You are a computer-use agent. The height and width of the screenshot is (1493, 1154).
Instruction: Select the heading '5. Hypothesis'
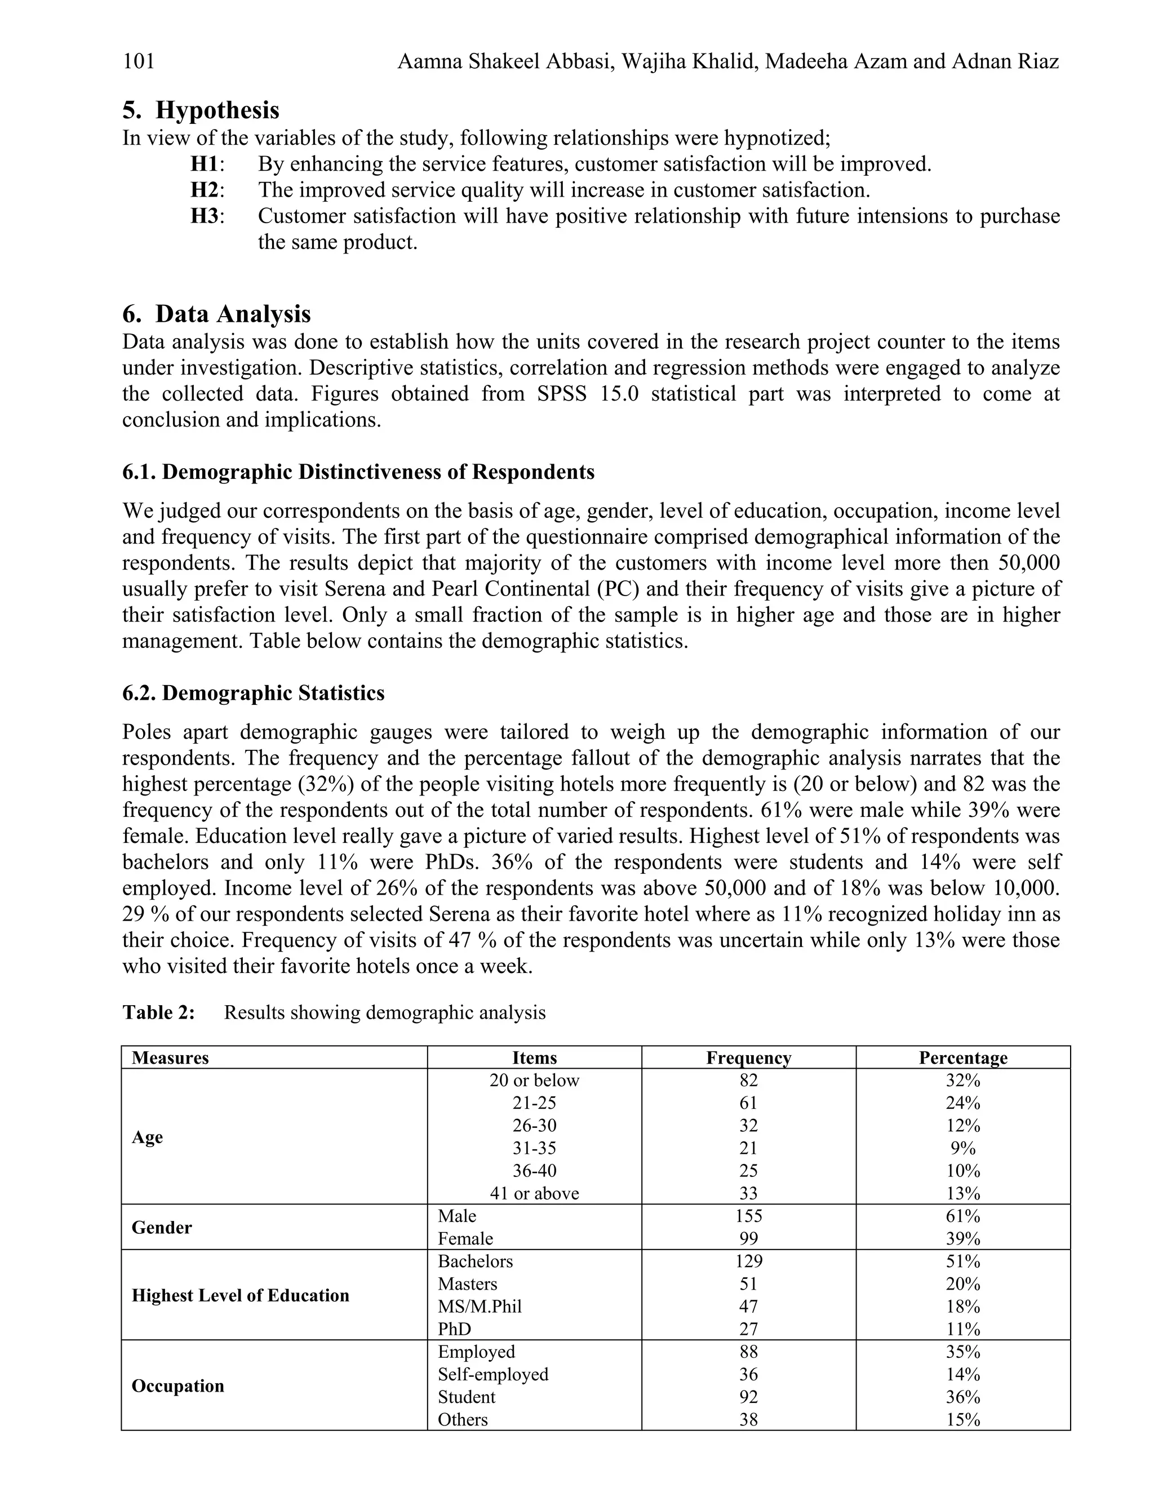point(201,109)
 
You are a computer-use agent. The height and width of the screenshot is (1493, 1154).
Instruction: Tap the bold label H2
point(205,190)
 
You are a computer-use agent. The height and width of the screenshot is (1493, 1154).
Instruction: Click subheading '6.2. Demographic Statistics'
point(253,693)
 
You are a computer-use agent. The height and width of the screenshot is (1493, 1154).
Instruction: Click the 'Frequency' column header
point(749,1057)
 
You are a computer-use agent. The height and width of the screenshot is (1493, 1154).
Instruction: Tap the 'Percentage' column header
point(962,1057)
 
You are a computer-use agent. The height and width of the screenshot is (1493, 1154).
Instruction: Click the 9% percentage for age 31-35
point(962,1148)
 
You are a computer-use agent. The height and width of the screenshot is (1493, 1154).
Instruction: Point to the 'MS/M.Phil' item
point(480,1307)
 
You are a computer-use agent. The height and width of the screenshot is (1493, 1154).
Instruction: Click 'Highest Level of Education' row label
point(240,1295)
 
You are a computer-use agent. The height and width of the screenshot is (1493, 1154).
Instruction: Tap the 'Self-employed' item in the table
point(493,1374)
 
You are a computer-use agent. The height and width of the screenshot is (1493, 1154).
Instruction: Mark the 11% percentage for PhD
point(962,1329)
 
